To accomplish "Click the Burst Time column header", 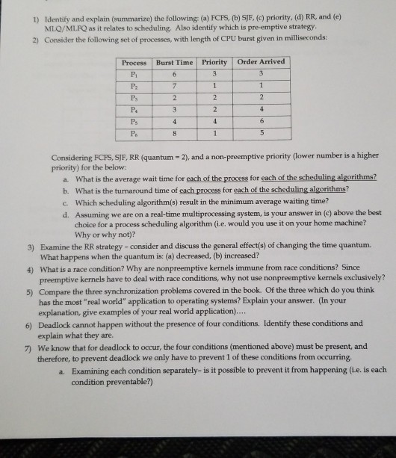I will (x=173, y=62).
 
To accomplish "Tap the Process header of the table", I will (x=135, y=62).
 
